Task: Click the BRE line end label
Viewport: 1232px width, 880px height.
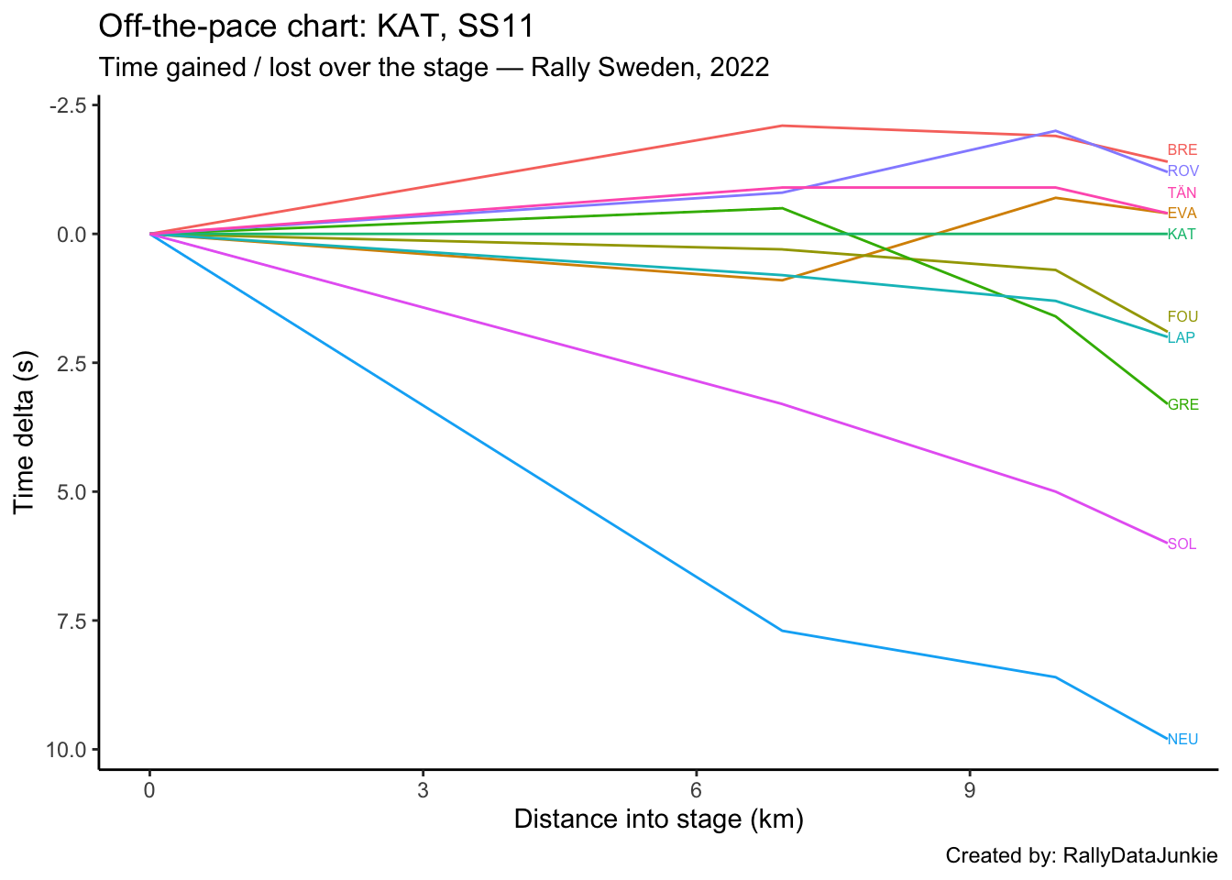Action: coord(1182,150)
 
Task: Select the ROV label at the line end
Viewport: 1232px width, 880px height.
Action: coord(1182,171)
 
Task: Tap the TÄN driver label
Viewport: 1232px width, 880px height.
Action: coord(1182,192)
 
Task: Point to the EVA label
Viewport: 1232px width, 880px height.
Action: coord(1182,214)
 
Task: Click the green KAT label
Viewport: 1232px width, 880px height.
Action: coord(1182,234)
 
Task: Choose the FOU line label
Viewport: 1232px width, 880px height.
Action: coord(1182,317)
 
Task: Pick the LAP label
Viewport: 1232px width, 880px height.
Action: coord(1182,337)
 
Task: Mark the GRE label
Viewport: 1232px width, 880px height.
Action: coord(1182,405)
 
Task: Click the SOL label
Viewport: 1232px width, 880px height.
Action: coord(1182,544)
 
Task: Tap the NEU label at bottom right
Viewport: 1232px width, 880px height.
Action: coord(1182,740)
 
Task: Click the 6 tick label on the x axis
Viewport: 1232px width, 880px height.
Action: coord(696,790)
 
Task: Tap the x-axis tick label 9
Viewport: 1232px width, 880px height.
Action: coord(969,790)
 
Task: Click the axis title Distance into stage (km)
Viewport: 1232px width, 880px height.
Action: coord(658,819)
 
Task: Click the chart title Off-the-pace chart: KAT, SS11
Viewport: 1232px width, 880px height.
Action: coord(315,27)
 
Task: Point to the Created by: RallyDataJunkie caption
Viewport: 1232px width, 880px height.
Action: coord(1082,856)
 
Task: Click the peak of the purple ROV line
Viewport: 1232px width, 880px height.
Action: coord(1056,131)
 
